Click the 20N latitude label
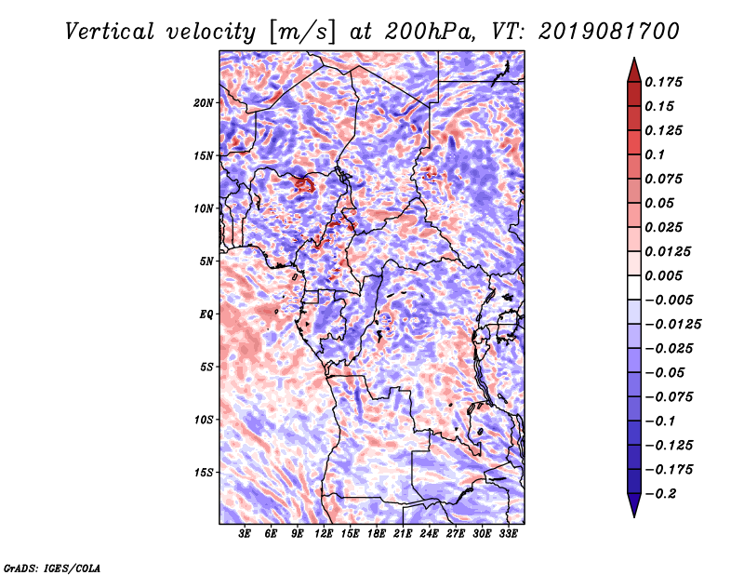click(204, 102)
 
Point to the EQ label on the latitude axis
click(206, 314)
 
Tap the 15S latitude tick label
click(204, 473)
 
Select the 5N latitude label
click(206, 261)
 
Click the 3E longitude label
click(245, 534)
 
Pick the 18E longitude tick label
click(377, 534)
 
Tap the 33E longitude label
click(508, 534)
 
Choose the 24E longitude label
click(429, 534)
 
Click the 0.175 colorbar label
click(663, 82)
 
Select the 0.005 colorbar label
click(663, 275)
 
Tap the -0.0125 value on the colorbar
click(673, 325)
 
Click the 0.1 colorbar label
click(655, 154)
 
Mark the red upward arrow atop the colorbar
click(634, 70)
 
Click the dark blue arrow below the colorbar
click(634, 505)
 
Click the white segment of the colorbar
click(634, 287)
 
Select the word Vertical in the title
click(110, 32)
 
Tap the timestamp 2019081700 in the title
click(609, 32)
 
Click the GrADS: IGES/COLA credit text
click(52, 568)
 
